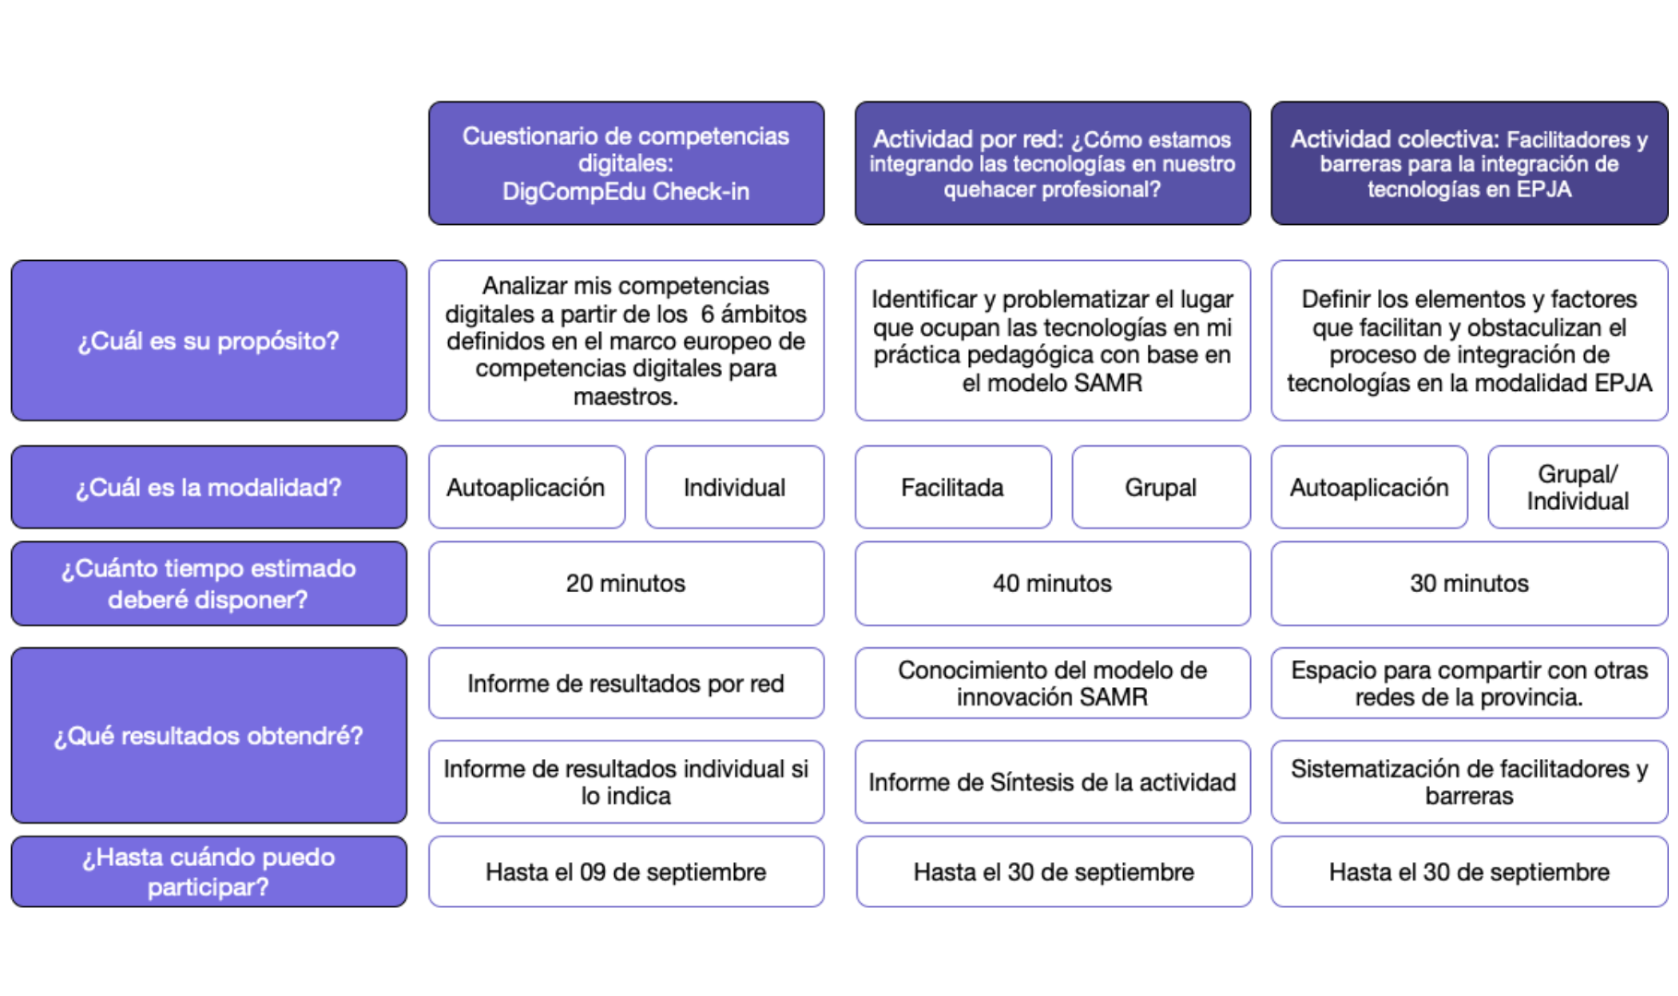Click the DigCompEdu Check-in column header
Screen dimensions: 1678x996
(626, 163)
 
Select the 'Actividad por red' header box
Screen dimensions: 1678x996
(1052, 163)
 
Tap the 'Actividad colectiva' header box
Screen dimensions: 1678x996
(1469, 163)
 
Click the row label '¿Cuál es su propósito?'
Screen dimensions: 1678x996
(209, 340)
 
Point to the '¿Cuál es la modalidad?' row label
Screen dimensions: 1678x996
(209, 487)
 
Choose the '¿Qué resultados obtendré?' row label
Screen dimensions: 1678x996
(209, 735)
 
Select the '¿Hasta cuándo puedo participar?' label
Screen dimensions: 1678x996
(209, 871)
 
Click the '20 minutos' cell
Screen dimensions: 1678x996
(626, 583)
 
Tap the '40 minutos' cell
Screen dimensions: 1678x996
(1052, 583)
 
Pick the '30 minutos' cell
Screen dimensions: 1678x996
(1469, 583)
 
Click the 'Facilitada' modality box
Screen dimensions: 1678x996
(952, 487)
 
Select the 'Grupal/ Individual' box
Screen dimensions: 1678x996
(1578, 487)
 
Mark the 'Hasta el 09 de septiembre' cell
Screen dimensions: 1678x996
(626, 871)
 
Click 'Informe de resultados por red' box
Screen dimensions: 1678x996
(626, 683)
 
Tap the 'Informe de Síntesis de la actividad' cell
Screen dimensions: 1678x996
(1052, 782)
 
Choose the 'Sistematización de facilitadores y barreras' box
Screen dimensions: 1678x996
(1469, 782)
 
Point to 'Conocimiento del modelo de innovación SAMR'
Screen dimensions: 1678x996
(1052, 683)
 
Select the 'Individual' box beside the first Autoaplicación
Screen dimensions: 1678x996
(735, 487)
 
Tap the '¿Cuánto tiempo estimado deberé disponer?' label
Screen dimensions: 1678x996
(209, 583)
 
